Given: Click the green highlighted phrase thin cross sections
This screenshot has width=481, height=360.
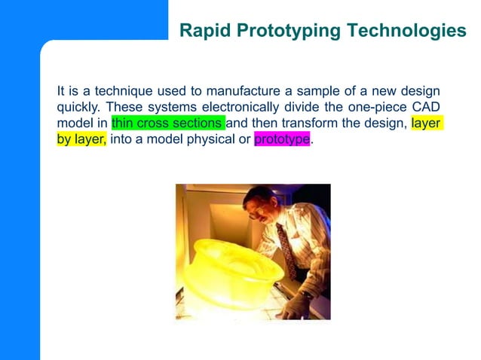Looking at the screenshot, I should click(x=167, y=123).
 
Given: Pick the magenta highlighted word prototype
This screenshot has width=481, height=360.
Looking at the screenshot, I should click(x=282, y=139).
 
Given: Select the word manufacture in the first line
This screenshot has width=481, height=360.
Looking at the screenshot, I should click(x=241, y=90).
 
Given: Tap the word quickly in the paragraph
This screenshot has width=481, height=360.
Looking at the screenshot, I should click(x=78, y=107).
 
